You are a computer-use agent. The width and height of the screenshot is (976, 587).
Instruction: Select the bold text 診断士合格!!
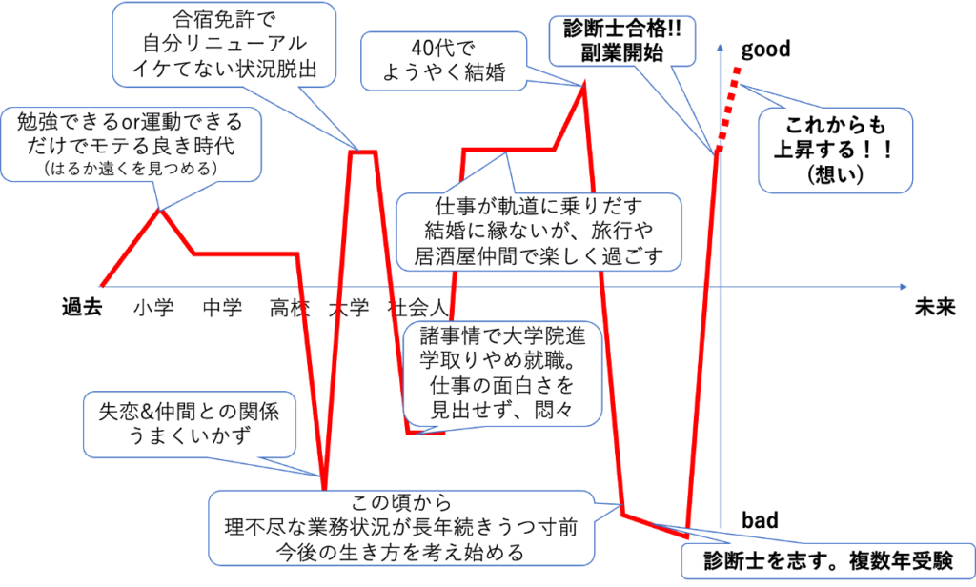point(626,29)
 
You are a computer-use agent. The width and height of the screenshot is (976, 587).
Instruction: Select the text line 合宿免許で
point(225,18)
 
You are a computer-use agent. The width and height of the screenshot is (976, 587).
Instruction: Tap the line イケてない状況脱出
point(225,68)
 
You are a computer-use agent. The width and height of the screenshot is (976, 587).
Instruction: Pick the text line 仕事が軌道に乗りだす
point(539,207)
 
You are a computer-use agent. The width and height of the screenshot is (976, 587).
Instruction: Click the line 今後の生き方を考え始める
point(400,551)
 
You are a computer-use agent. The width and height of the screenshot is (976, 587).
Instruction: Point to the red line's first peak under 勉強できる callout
point(161,210)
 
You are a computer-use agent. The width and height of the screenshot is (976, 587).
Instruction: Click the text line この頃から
point(400,503)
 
